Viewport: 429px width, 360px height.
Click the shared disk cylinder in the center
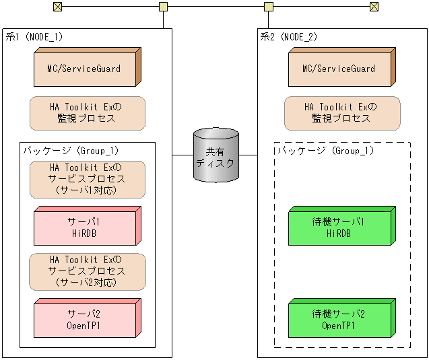[x=215, y=155]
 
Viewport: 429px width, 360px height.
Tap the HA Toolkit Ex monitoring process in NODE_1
[x=87, y=113]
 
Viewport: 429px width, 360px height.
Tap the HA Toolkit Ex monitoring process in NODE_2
[x=341, y=113]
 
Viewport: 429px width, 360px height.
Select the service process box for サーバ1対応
[x=87, y=179]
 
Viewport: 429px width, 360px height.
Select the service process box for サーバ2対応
[x=87, y=271]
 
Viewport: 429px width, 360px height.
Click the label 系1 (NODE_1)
[x=34, y=37]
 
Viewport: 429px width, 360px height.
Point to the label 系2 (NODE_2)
[x=289, y=37]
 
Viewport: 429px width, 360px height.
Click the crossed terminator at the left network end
[x=57, y=7]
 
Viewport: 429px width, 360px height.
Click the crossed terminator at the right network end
[x=374, y=7]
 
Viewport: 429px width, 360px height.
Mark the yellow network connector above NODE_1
[x=163, y=7]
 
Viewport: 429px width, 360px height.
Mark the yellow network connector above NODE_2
[x=269, y=7]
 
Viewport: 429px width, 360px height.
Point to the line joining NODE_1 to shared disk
[x=182, y=155]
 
